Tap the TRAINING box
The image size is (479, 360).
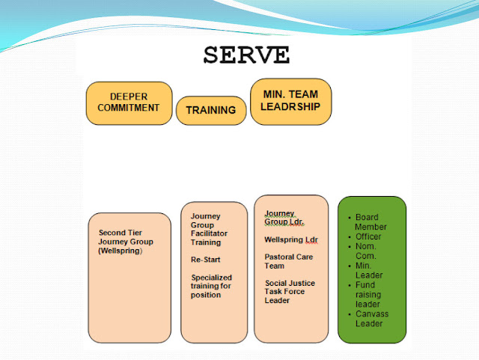[211, 110]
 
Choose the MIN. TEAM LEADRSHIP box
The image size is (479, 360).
[290, 100]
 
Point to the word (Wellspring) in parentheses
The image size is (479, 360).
[120, 250]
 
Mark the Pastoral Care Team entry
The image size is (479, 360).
[287, 261]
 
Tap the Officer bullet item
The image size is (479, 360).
[368, 237]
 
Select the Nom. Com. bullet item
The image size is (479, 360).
[367, 251]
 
